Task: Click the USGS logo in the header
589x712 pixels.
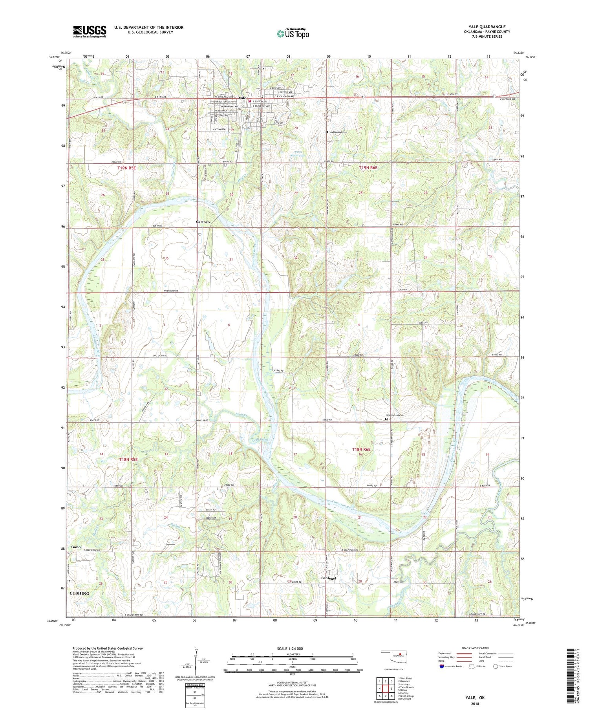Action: click(90, 31)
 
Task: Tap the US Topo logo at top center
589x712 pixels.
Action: click(293, 34)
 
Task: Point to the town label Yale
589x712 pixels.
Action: click(242, 98)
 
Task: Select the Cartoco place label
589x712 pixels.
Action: click(203, 222)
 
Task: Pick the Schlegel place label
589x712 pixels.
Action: click(329, 578)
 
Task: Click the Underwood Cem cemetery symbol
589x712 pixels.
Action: click(327, 132)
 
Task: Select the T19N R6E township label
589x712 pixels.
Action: click(368, 168)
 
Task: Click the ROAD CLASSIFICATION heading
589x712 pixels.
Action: click(475, 648)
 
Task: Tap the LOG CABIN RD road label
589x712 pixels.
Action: click(160, 355)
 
